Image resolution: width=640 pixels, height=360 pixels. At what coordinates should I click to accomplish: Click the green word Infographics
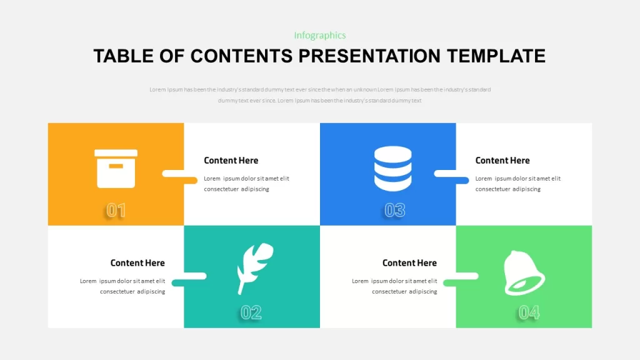click(320, 36)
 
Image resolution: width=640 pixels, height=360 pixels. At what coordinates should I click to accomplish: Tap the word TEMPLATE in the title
click(496, 56)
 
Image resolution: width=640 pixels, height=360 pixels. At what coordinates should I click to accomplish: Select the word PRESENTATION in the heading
click(369, 56)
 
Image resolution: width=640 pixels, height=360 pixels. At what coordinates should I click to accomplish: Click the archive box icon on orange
click(116, 169)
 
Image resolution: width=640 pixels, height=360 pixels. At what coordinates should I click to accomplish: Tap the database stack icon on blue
click(392, 169)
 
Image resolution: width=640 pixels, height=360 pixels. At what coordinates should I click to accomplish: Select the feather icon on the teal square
click(255, 268)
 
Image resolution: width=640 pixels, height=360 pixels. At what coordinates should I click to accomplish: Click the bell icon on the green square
click(524, 272)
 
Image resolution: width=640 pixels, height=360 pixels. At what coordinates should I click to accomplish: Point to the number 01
click(116, 210)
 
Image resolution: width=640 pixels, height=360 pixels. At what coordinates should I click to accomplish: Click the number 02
click(251, 312)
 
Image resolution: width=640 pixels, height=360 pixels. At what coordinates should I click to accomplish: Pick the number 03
click(395, 210)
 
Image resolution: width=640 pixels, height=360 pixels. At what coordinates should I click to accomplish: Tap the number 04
click(529, 312)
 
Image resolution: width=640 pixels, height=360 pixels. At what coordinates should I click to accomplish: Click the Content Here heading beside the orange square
click(231, 161)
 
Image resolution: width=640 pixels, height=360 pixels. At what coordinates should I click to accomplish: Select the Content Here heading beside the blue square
click(502, 161)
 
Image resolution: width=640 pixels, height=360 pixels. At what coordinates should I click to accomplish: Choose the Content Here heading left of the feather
click(137, 263)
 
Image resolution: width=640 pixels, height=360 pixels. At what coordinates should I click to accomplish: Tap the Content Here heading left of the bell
click(409, 263)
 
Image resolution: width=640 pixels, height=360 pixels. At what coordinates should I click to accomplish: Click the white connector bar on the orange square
click(173, 174)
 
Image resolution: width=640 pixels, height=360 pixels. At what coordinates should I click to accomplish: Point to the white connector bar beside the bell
click(467, 276)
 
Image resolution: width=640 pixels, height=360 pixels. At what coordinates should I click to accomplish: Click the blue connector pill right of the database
click(462, 180)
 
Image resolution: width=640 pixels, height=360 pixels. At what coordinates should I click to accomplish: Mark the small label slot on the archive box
click(116, 166)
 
